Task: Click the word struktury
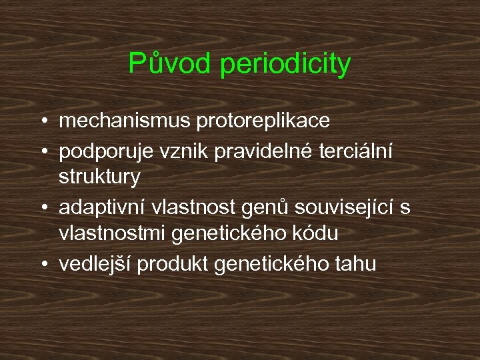point(99,178)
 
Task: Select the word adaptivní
point(103,207)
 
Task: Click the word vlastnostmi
point(113,235)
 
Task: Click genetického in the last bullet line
point(268,264)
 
